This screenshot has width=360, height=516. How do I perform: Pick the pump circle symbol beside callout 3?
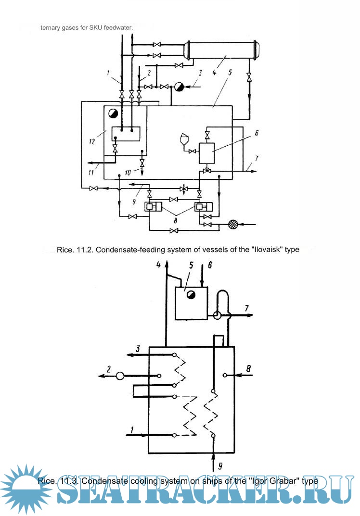[179, 87]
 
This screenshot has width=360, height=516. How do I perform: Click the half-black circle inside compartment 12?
[113, 113]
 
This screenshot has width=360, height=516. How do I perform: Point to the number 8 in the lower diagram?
[248, 369]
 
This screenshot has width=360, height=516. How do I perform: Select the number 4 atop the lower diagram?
[158, 264]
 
